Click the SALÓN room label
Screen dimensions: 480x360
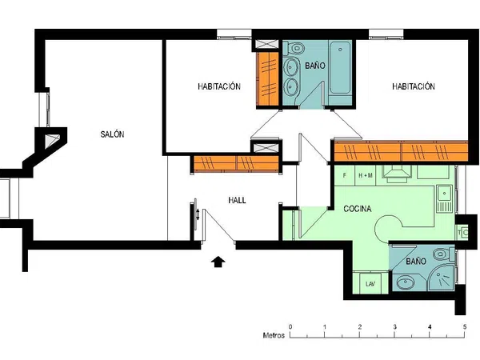pos(112,134)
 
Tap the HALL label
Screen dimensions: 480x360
pos(237,200)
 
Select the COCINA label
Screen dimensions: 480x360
pos(358,209)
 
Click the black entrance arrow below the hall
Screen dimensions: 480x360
pos(218,262)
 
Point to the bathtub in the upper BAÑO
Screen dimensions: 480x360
pos(340,68)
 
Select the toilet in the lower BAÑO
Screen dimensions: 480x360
pos(442,254)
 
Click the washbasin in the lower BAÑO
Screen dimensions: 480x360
pos(405,282)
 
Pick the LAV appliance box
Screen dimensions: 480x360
pos(370,283)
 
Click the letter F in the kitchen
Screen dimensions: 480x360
pos(345,175)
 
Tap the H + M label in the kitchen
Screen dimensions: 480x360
pos(366,175)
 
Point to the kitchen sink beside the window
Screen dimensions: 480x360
pos(445,198)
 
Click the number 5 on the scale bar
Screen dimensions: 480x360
pos(465,326)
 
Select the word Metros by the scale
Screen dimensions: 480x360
pos(274,335)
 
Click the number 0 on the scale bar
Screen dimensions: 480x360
pos(290,326)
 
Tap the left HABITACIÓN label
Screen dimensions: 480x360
pos(219,86)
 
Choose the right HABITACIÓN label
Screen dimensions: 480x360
pos(414,86)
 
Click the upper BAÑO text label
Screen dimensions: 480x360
pos(315,66)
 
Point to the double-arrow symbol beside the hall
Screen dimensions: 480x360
pos(198,214)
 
